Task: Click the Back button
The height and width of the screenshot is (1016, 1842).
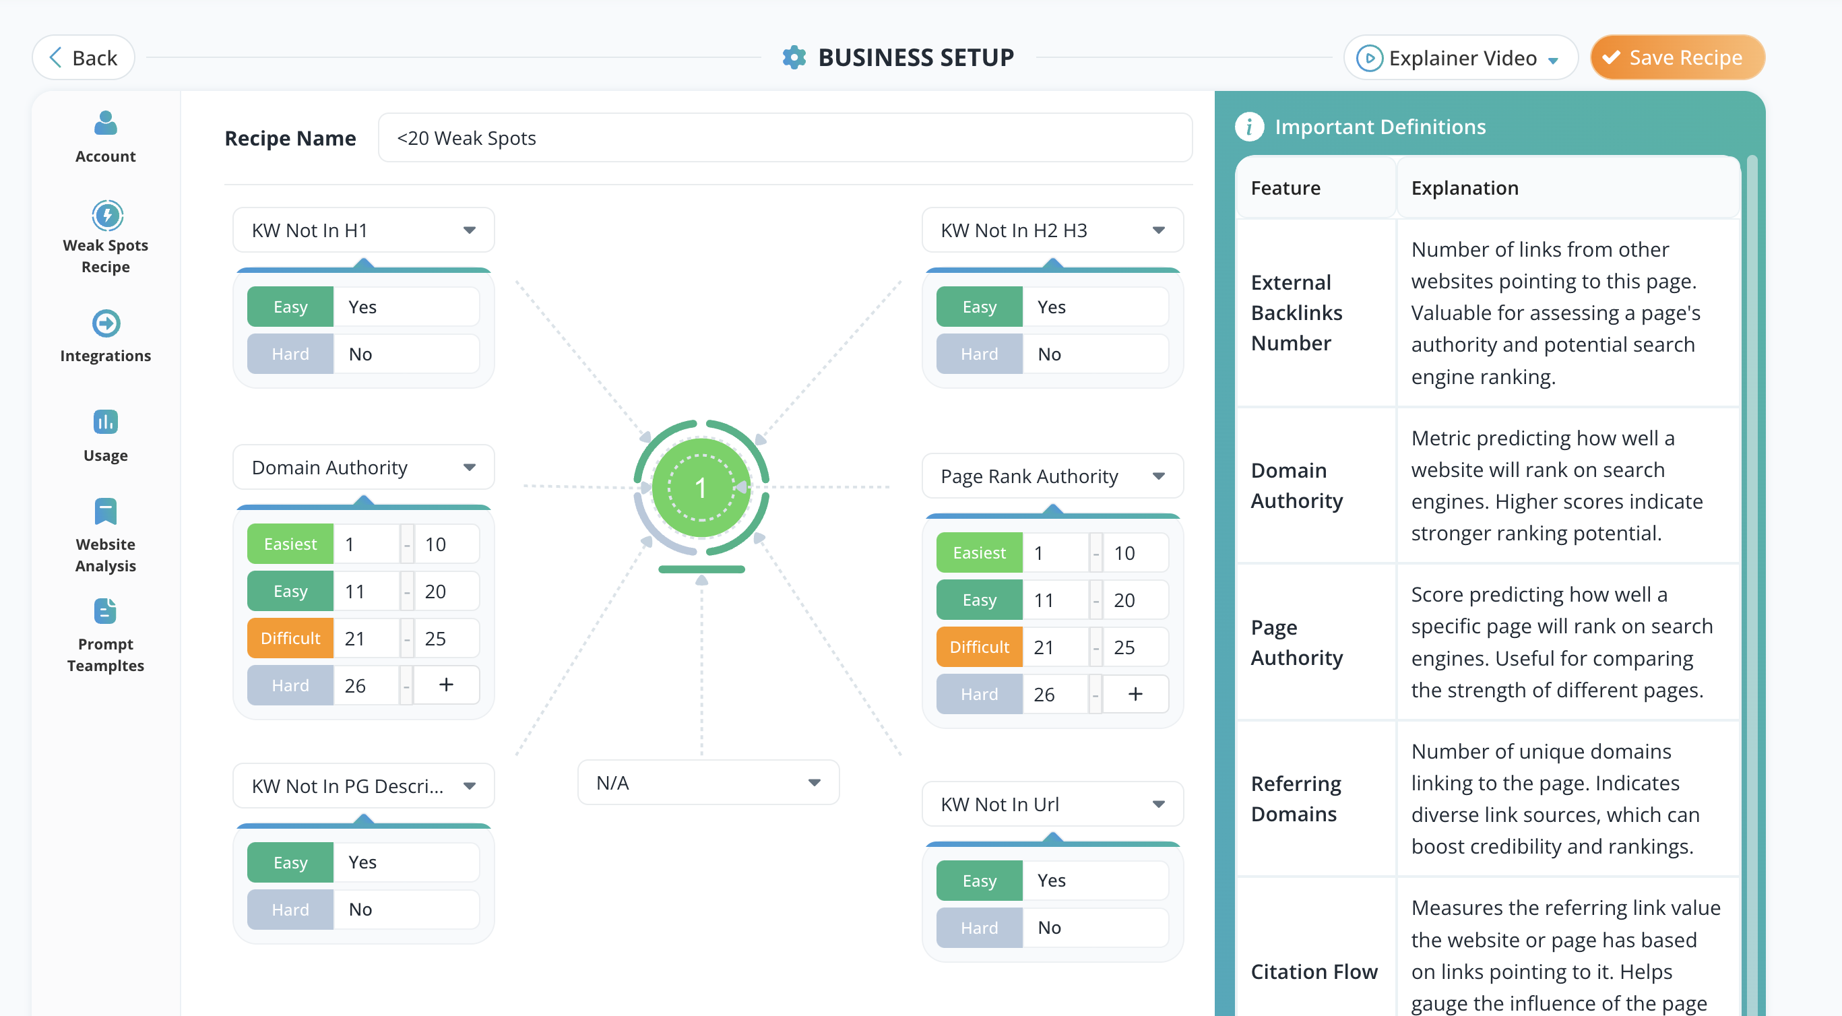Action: point(83,57)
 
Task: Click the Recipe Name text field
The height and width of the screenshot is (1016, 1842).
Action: point(784,138)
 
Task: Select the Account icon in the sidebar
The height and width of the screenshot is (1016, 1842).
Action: point(106,123)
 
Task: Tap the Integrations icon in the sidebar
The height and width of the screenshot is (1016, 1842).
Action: point(106,323)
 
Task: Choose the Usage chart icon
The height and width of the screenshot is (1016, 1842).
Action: point(106,422)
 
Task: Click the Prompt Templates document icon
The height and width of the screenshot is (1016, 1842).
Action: point(106,611)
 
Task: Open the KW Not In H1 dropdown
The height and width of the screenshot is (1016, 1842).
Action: point(363,230)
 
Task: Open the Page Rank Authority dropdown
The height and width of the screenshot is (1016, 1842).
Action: point(1052,476)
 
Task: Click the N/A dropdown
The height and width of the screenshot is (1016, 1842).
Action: point(708,783)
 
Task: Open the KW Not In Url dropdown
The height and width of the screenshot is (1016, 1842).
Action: point(1052,804)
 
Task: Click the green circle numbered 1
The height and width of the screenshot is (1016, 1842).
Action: point(701,488)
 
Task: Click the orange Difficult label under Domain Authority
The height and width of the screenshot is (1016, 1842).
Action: point(290,639)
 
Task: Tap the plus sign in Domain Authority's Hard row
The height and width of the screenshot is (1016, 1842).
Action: point(446,685)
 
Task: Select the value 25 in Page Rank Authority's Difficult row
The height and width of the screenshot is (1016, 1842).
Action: point(1124,647)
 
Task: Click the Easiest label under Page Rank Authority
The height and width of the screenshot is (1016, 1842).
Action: point(979,552)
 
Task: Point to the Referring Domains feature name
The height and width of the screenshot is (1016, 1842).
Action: point(1296,798)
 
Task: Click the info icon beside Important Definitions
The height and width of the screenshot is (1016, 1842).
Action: point(1248,127)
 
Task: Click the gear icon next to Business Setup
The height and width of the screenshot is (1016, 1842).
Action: point(794,57)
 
